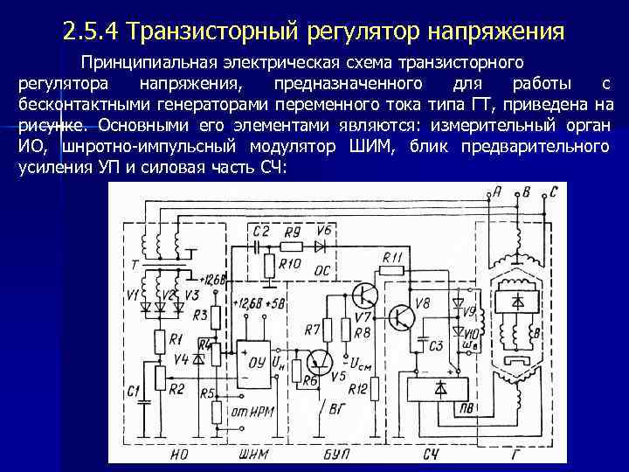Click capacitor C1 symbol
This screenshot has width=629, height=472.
pyautogui.click(x=139, y=391)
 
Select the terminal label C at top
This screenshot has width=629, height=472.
pyautogui.click(x=552, y=191)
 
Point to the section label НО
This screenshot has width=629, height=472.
pyautogui.click(x=180, y=453)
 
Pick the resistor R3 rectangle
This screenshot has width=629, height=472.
pyautogui.click(x=202, y=315)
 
